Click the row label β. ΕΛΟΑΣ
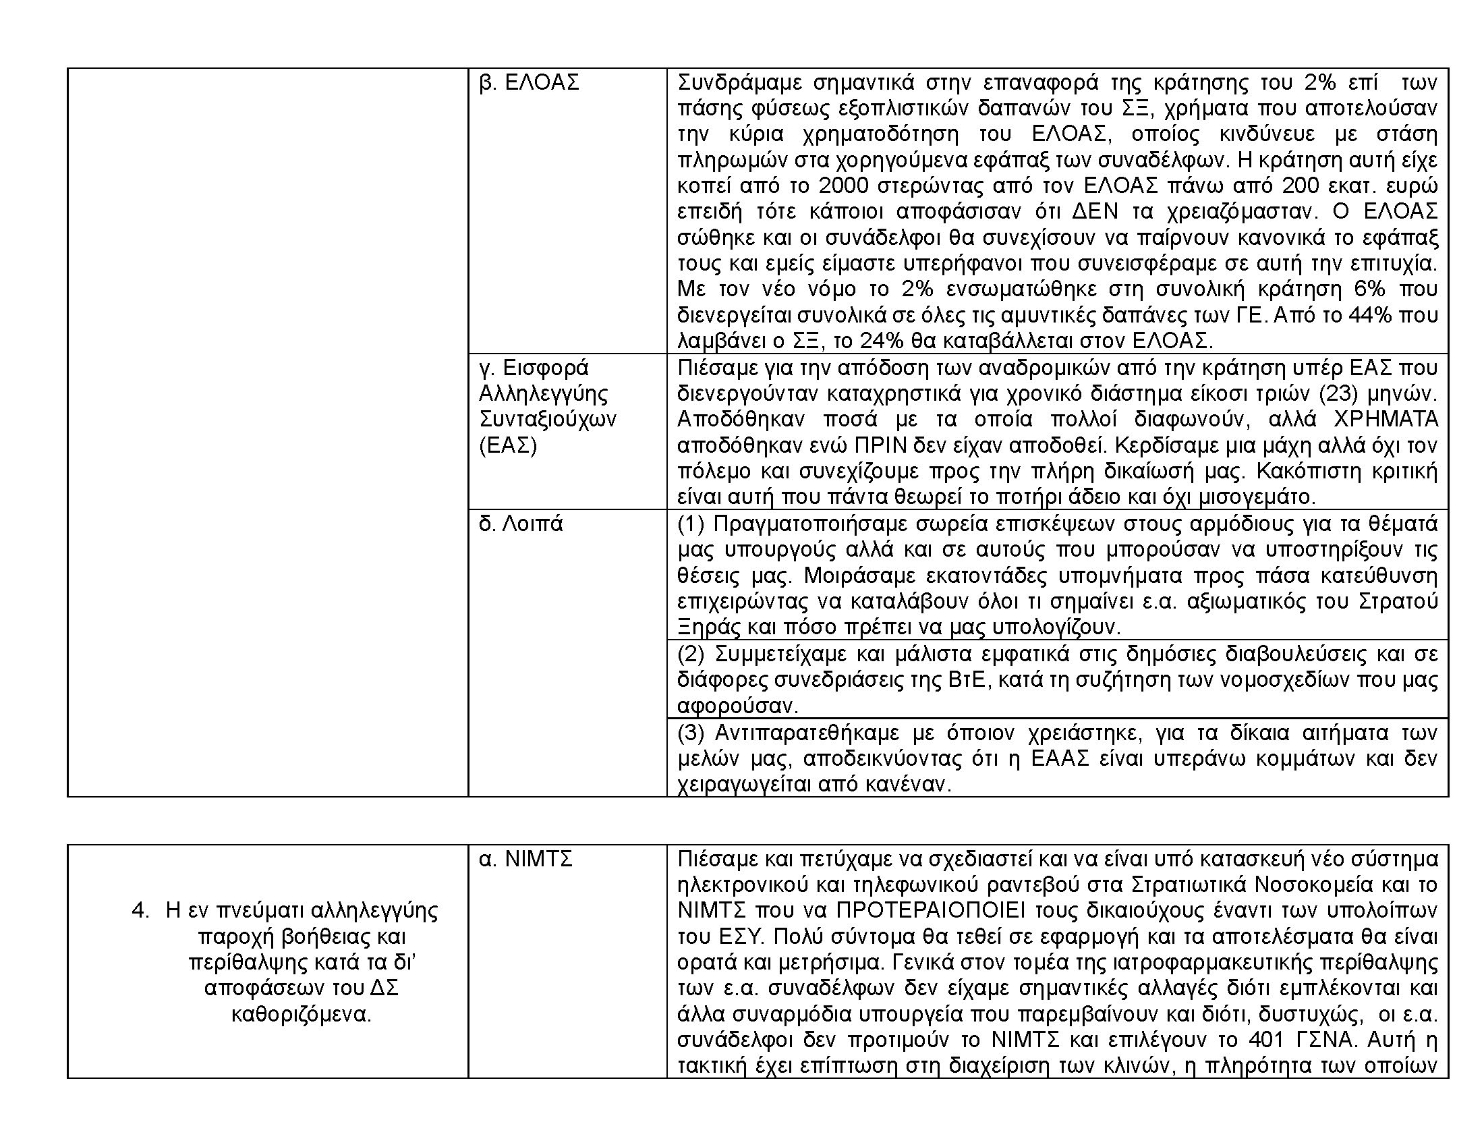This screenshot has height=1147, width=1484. (529, 82)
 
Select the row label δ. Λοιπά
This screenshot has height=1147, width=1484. (521, 524)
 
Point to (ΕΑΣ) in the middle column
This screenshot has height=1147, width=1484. (507, 446)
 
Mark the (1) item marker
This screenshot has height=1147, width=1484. (692, 524)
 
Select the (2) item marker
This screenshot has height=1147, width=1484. (692, 654)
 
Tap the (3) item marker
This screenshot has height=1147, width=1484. (692, 733)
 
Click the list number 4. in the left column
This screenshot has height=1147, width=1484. (140, 911)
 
